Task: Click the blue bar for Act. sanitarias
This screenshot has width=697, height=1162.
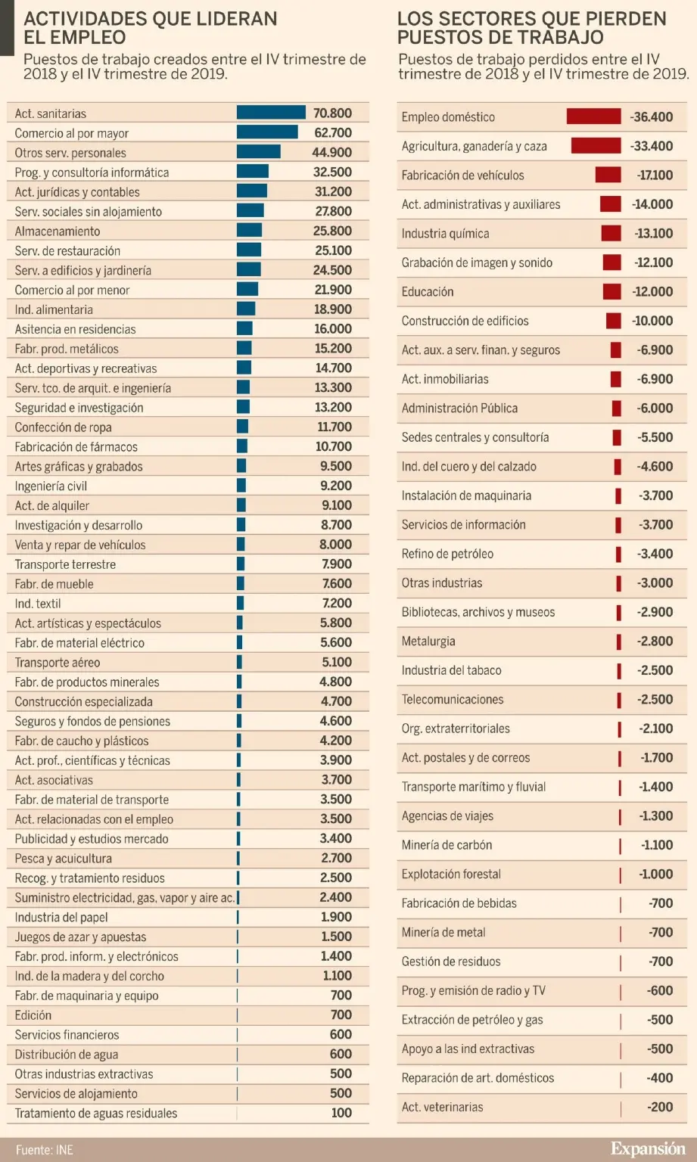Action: [271, 113]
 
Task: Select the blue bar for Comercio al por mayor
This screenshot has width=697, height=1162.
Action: [267, 132]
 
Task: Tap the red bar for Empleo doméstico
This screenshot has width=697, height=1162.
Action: [594, 117]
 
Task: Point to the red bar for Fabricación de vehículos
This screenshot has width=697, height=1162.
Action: [608, 175]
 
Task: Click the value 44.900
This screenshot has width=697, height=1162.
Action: [331, 153]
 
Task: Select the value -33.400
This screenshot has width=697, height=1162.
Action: [652, 146]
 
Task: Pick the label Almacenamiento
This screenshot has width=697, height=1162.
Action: [57, 231]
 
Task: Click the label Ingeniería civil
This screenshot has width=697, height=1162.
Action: [51, 486]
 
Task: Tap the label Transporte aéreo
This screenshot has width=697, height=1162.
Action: [57, 663]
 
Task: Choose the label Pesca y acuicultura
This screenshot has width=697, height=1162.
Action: [63, 859]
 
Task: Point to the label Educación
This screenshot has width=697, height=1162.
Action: [427, 291]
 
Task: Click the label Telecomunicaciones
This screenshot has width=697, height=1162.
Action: [452, 699]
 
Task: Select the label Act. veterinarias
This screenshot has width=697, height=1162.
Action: [442, 1107]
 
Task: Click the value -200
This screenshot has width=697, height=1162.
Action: [660, 1107]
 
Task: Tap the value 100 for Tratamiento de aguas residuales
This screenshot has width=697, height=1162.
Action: [341, 1113]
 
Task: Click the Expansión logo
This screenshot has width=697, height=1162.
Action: [649, 1148]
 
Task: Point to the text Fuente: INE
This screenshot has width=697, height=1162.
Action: [44, 1150]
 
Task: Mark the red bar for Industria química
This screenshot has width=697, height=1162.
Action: [611, 233]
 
